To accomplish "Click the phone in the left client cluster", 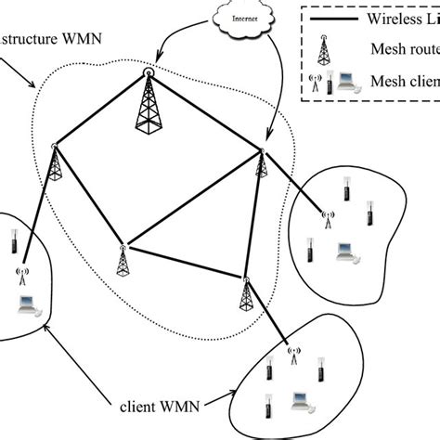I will [16, 243].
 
